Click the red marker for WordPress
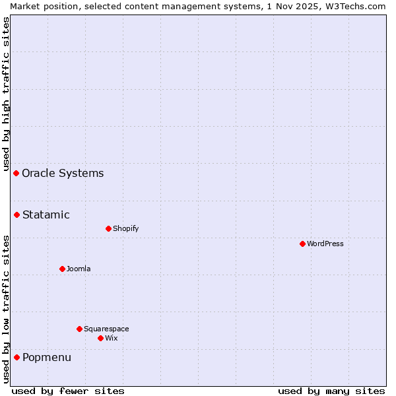click(x=302, y=244)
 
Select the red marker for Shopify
click(x=108, y=228)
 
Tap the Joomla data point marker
click(x=62, y=269)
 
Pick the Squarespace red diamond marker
click(x=79, y=329)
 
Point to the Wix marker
click(x=100, y=338)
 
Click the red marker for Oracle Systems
click(x=16, y=173)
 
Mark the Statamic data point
click(x=16, y=214)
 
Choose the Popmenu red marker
click(x=16, y=357)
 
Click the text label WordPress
click(x=325, y=244)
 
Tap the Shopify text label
click(x=125, y=228)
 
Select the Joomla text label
click(x=79, y=269)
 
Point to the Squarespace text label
click(x=106, y=329)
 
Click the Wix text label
click(x=111, y=338)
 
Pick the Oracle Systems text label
click(x=63, y=174)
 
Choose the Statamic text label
click(x=46, y=214)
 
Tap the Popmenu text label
click(x=46, y=357)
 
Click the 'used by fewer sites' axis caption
click(x=68, y=391)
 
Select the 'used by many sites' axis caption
click(x=331, y=391)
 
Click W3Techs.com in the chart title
click(x=355, y=6)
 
